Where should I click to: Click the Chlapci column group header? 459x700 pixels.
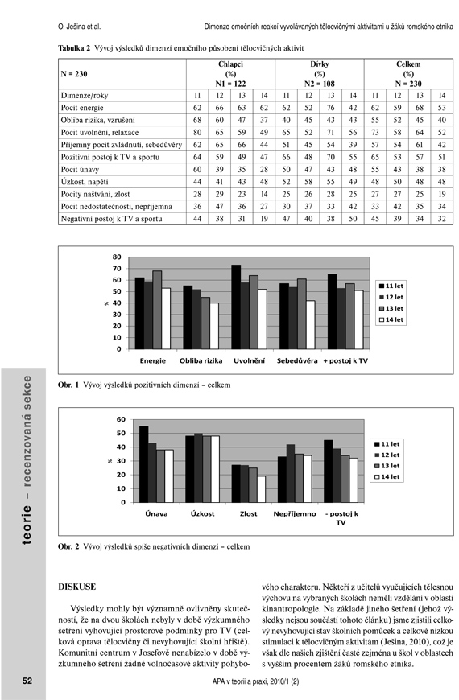click(230, 64)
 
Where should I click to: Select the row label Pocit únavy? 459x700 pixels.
click(80, 170)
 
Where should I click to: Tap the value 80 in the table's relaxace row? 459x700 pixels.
click(197, 133)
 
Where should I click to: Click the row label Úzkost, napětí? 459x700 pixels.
click(85, 182)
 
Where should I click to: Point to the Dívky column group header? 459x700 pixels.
click(319, 64)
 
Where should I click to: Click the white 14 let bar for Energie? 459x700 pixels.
click(166, 319)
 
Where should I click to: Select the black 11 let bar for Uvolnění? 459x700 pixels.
click(236, 307)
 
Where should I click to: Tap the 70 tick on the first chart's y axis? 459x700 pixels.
click(117, 269)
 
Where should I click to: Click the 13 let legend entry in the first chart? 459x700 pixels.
click(391, 308)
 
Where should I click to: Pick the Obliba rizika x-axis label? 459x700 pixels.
click(201, 360)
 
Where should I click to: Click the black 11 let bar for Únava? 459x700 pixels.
click(144, 464)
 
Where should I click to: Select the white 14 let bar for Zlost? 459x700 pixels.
click(262, 489)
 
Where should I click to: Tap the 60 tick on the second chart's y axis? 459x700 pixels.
click(121, 419)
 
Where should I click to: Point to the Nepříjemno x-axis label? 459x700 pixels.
click(295, 514)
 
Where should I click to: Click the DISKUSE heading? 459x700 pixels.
click(76, 587)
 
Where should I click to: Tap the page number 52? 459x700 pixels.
click(27, 681)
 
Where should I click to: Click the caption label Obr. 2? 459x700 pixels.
click(68, 546)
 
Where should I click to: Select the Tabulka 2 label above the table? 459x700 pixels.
click(74, 48)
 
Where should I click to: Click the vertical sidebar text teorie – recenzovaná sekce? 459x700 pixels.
click(27, 459)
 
